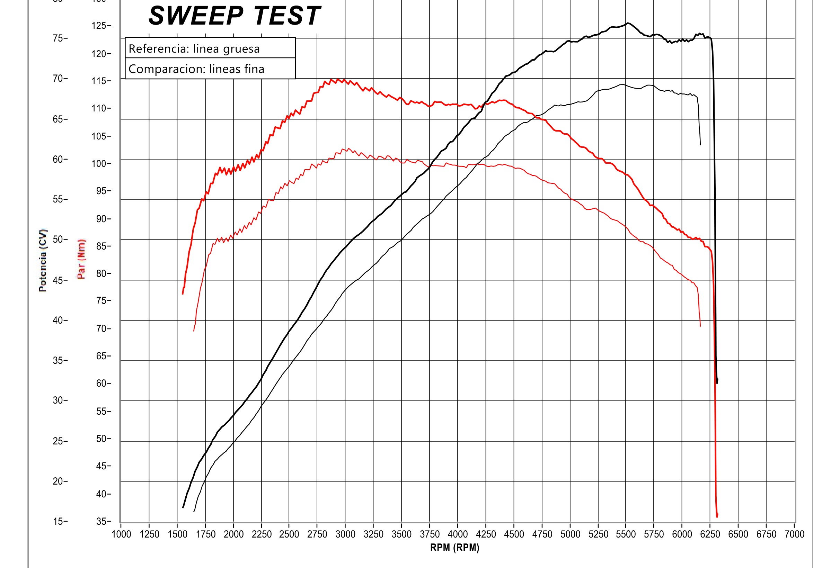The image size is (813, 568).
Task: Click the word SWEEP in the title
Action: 196,16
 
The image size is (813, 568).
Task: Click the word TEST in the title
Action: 287,16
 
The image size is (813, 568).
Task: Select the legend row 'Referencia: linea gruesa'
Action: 194,48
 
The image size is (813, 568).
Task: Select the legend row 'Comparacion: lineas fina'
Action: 196,69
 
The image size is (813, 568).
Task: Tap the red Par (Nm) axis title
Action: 81,259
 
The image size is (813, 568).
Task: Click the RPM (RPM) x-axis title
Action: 455,548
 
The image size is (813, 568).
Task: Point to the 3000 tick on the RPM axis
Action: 345,534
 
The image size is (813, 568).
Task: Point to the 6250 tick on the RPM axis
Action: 710,534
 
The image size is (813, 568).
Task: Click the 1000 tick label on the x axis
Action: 122,534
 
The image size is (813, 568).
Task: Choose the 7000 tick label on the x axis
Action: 795,534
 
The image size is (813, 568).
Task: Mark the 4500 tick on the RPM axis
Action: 514,534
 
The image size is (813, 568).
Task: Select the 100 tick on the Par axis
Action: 101,163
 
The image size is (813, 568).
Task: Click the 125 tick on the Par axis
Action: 101,26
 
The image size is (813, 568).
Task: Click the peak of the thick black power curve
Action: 627,23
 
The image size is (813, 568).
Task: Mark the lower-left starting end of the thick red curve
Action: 183,294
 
